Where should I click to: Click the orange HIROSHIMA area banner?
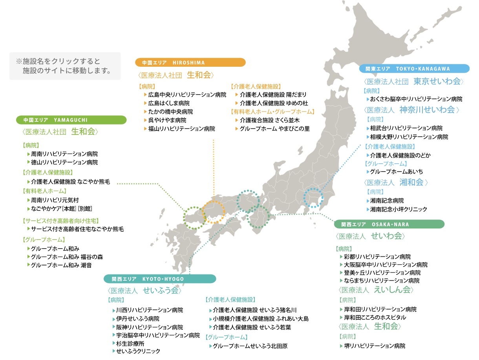click(x=190, y=62)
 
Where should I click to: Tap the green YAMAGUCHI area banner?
click(x=71, y=120)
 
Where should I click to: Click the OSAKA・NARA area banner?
click(x=389, y=225)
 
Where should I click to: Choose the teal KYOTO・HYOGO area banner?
click(x=160, y=279)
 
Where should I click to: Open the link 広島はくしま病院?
click(x=169, y=103)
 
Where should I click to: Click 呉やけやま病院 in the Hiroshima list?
click(x=167, y=120)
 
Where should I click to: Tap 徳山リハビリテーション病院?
click(x=64, y=162)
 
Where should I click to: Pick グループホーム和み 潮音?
click(x=61, y=265)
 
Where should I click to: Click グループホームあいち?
click(x=397, y=172)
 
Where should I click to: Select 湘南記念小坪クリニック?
click(x=399, y=209)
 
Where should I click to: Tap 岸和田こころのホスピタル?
click(x=375, y=317)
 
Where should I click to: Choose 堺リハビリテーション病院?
click(x=375, y=346)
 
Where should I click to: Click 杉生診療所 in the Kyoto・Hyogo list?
click(x=130, y=344)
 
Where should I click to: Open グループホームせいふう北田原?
click(x=250, y=346)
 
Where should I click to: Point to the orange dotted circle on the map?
click(x=213, y=212)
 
